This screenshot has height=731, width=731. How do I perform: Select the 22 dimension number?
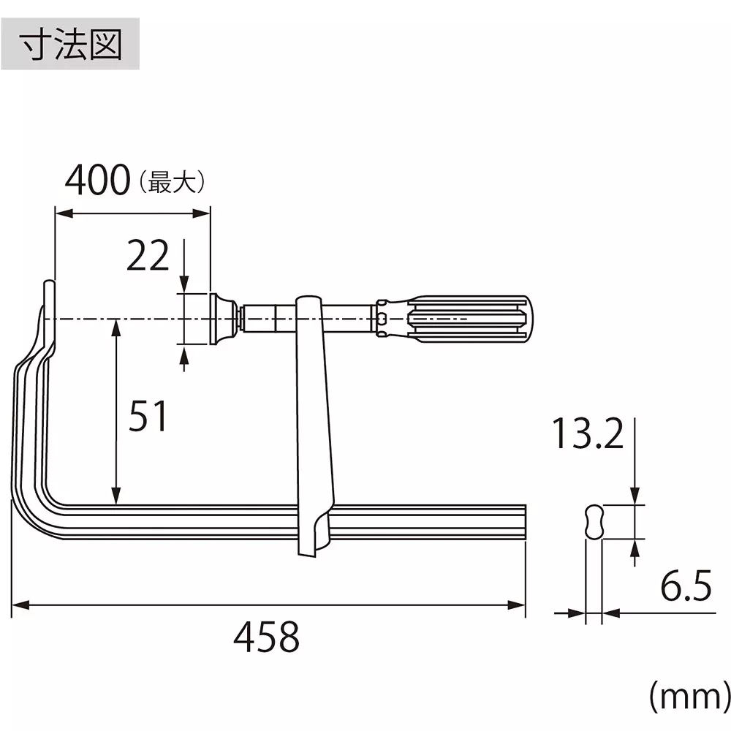[148, 256]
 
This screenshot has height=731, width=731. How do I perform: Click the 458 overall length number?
[267, 637]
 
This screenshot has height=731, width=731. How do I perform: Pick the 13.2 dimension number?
[588, 434]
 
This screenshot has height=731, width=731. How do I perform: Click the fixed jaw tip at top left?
[48, 292]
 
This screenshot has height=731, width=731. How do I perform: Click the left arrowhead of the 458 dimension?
[19, 605]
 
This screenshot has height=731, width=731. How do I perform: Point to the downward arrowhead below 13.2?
[635, 497]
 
